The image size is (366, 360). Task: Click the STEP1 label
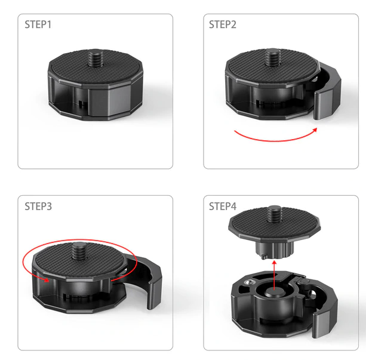click(x=38, y=24)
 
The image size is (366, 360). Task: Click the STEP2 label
click(x=223, y=24)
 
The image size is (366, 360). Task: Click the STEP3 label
click(x=38, y=207)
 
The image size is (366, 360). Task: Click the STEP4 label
click(x=223, y=207)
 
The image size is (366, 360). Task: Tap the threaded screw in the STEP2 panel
click(x=272, y=57)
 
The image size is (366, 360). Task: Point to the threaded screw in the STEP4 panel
click(x=275, y=214)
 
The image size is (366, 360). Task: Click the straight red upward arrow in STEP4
click(x=274, y=275)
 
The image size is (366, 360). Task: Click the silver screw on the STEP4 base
click(x=248, y=283)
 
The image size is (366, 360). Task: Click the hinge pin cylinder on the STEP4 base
click(x=304, y=281)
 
